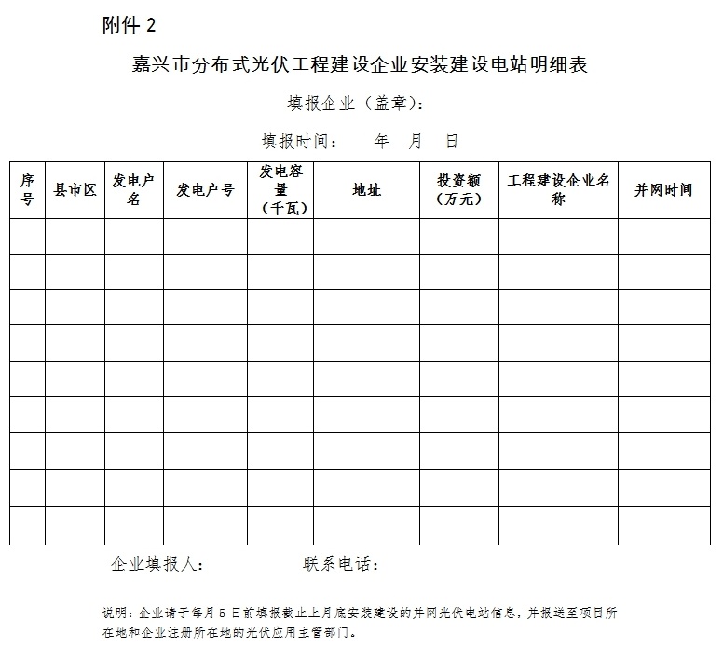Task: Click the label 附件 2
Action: click(x=129, y=24)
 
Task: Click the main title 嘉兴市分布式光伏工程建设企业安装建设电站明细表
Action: click(x=361, y=65)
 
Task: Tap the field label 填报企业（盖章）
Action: click(x=357, y=103)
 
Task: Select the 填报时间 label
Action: click(x=298, y=142)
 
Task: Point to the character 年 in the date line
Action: click(x=381, y=142)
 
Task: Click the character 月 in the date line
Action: click(x=416, y=142)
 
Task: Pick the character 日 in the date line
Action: click(x=452, y=142)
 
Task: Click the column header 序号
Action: click(x=27, y=190)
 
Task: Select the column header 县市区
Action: click(x=75, y=190)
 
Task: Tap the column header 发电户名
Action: click(x=133, y=190)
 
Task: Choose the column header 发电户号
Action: click(x=205, y=190)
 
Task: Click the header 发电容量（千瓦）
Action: click(x=280, y=190)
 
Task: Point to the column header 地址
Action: click(x=366, y=190)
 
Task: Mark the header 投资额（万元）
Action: click(x=458, y=190)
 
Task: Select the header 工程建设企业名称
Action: click(x=558, y=190)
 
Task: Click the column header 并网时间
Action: click(x=663, y=190)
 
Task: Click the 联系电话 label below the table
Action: click(x=341, y=565)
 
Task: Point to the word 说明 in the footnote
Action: click(x=116, y=614)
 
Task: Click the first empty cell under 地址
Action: click(x=366, y=237)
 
